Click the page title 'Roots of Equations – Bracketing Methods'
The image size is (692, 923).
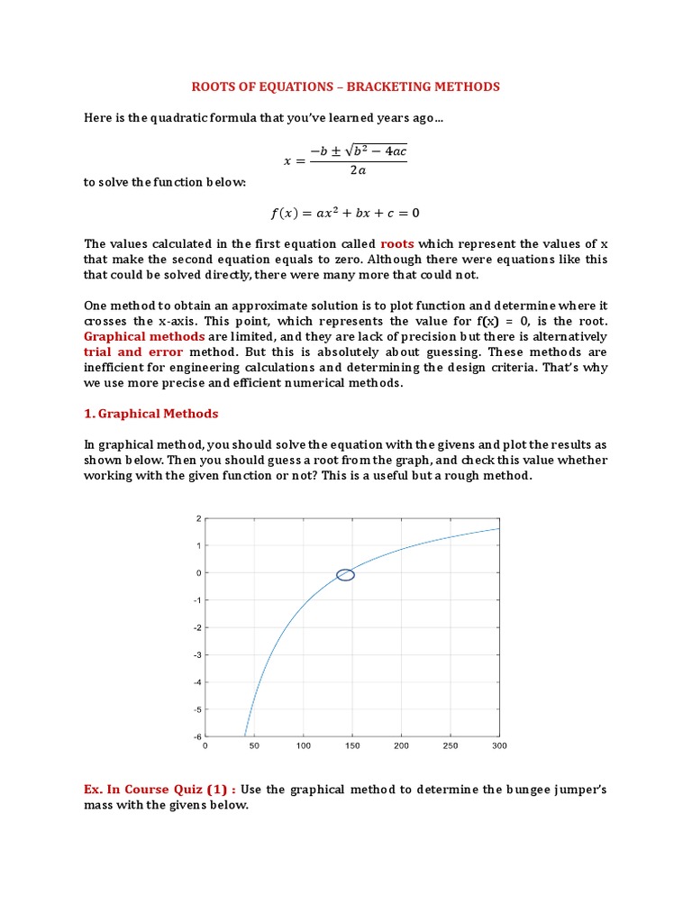345,87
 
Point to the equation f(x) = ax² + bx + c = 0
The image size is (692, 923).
345,214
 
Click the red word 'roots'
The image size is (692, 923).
396,244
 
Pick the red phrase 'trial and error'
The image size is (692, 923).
133,352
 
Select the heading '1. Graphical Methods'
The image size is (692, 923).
150,414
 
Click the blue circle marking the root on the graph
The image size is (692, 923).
345,575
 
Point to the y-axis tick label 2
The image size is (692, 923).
196,519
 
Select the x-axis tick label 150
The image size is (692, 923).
351,746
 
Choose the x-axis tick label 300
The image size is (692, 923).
499,746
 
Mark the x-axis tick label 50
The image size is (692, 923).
254,746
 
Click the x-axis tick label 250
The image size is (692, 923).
451,746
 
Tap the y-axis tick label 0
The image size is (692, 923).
196,573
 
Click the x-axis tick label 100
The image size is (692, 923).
303,746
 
